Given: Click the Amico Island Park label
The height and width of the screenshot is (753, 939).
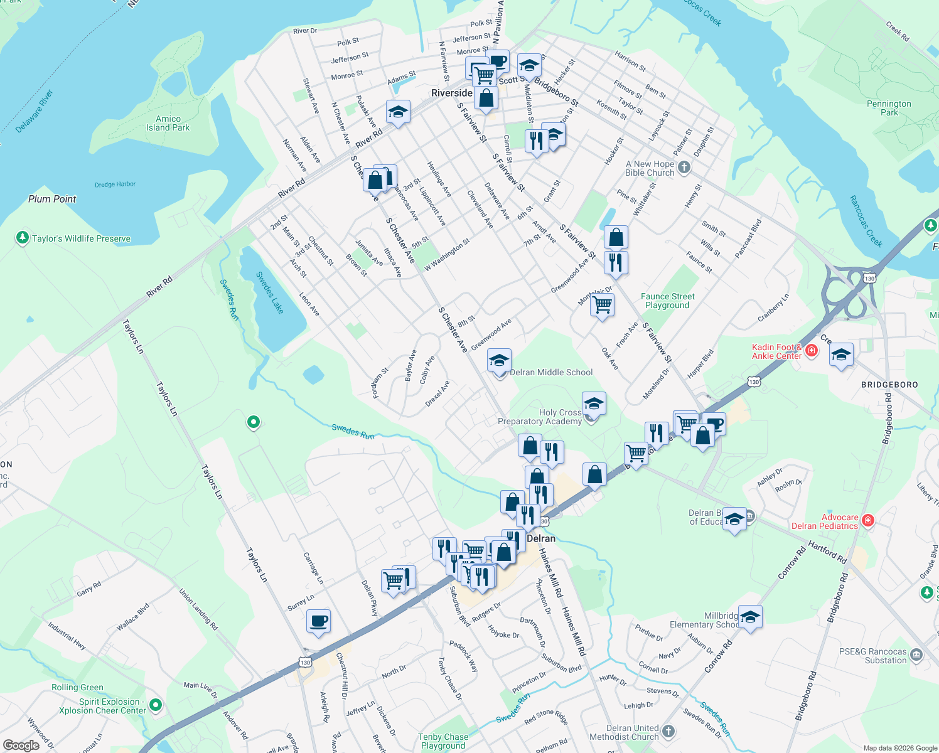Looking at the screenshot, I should tap(168, 123).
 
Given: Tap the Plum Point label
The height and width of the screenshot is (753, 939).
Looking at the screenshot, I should tap(52, 199).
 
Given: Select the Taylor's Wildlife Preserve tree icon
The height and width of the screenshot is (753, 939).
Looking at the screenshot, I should tap(23, 238).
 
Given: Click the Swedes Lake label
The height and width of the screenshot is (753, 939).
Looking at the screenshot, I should tap(270, 292).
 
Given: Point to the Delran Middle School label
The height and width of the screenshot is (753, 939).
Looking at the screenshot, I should tap(551, 372).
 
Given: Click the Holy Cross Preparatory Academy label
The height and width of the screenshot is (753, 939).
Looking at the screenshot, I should tap(540, 417).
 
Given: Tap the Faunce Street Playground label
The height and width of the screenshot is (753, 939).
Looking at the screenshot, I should tap(667, 301).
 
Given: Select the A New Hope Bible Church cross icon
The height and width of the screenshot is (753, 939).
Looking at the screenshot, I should tap(684, 168).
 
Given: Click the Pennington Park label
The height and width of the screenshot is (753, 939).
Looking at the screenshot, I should tap(889, 108).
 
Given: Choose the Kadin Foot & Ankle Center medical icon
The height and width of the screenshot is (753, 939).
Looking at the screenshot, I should tap(812, 350).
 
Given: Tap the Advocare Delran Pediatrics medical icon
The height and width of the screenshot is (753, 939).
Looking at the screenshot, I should tap(868, 520).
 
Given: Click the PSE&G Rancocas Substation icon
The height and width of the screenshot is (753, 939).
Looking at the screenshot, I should tap(916, 655).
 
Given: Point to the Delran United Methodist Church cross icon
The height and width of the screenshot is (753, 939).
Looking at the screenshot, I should tap(668, 731).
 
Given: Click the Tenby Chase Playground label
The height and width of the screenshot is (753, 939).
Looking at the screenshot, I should tap(443, 741).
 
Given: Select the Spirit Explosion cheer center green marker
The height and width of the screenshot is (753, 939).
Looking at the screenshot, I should tap(156, 705).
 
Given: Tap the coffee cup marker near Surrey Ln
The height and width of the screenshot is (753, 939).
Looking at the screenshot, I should tap(318, 621).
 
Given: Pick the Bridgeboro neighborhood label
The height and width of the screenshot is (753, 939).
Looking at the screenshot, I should tap(889, 385).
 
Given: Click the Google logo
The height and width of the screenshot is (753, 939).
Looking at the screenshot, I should tap(21, 745).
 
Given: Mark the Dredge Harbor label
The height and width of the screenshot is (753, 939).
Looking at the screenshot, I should tap(115, 184).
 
